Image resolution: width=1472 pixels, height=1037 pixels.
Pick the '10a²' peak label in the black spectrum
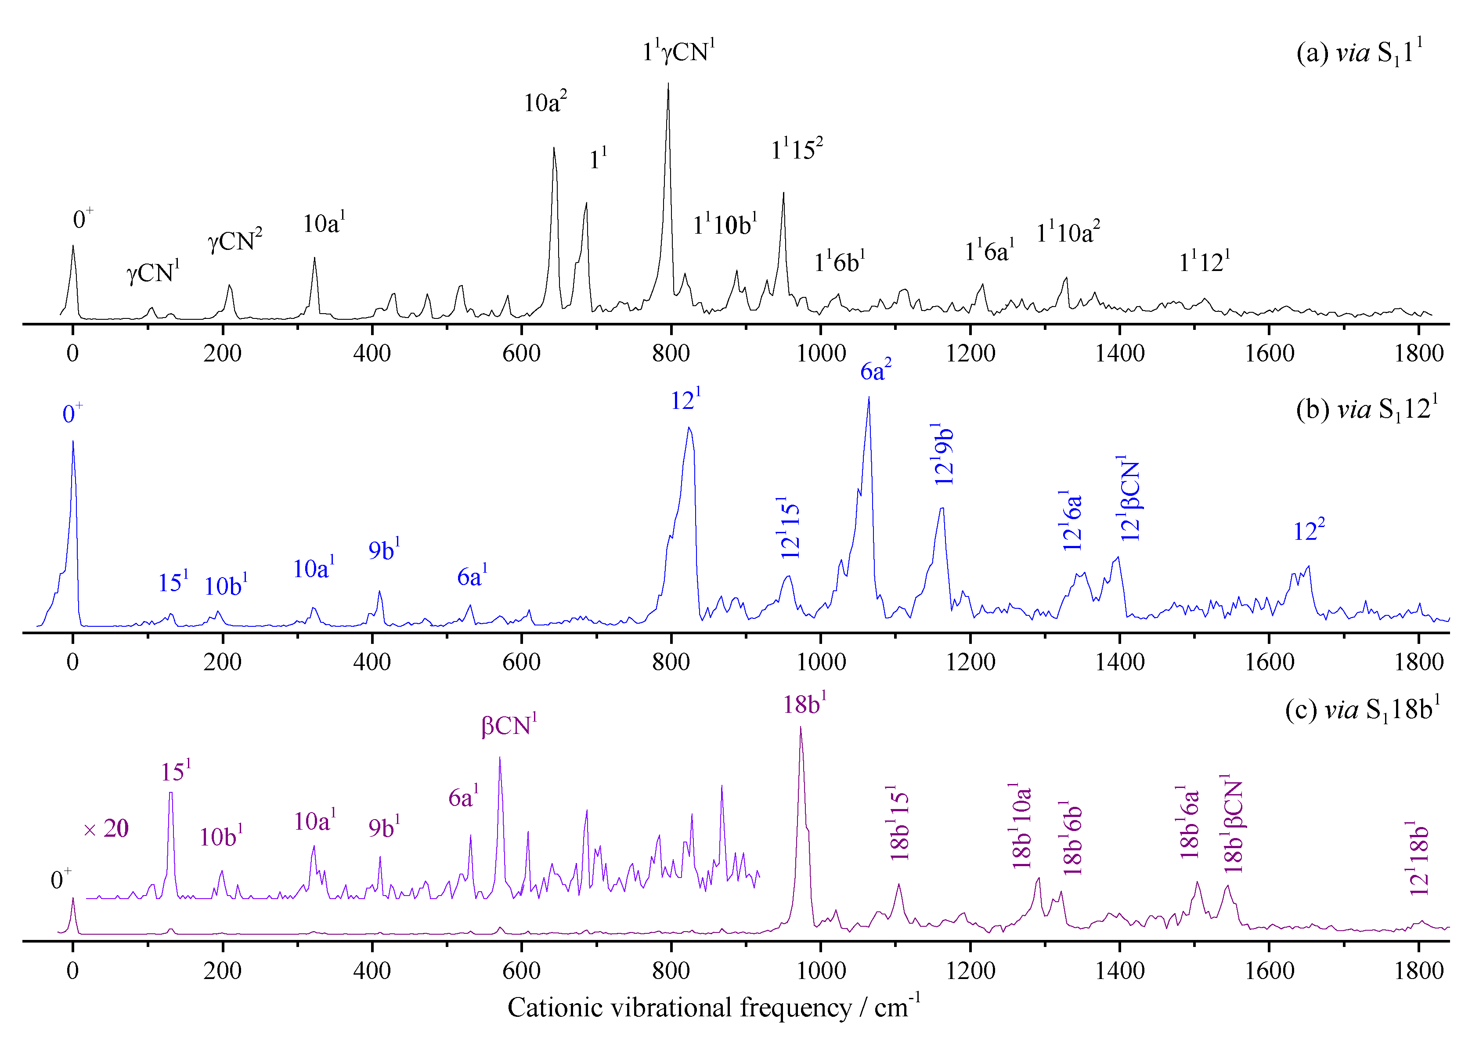[545, 103]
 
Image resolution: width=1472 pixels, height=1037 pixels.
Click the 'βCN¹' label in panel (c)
[509, 725]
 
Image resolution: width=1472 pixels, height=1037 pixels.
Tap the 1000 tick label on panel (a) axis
[821, 354]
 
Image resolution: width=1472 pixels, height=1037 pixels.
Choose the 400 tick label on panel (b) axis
[372, 662]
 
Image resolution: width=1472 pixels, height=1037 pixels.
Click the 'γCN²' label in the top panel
[234, 241]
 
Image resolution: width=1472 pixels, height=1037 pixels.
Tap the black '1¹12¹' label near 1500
[1204, 262]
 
